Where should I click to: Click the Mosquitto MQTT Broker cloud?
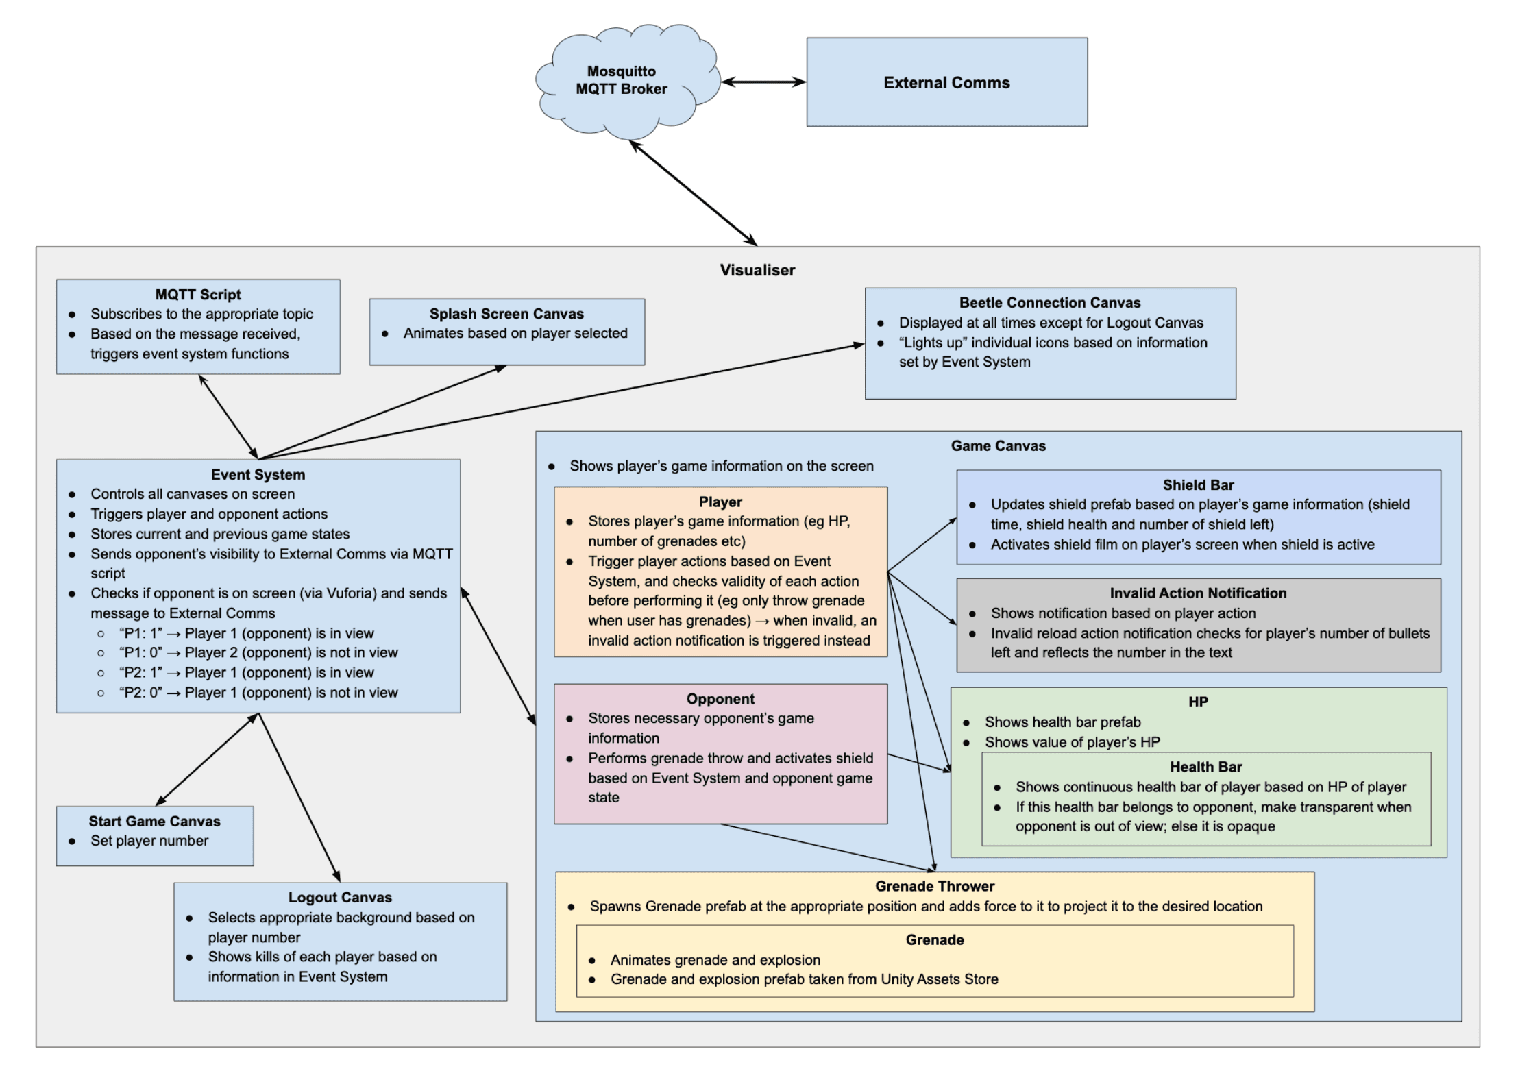[622, 80]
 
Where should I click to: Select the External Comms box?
[946, 82]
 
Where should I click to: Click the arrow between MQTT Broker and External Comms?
[763, 82]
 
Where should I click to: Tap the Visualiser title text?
[757, 270]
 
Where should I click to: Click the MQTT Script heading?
[198, 295]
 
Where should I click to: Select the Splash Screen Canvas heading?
[506, 314]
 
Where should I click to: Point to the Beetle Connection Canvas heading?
[1050, 303]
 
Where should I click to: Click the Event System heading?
[258, 475]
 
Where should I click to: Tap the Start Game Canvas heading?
[154, 821]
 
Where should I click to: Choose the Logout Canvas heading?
[340, 898]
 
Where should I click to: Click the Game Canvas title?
[998, 446]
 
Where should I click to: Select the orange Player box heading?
[720, 502]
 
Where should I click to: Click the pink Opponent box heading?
[720, 699]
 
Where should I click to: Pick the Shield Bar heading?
[1198, 485]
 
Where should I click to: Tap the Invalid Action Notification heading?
[1198, 593]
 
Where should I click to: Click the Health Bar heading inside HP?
[1205, 767]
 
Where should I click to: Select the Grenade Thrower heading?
[935, 886]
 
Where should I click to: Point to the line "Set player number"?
[149, 841]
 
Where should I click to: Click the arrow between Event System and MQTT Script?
[228, 417]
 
